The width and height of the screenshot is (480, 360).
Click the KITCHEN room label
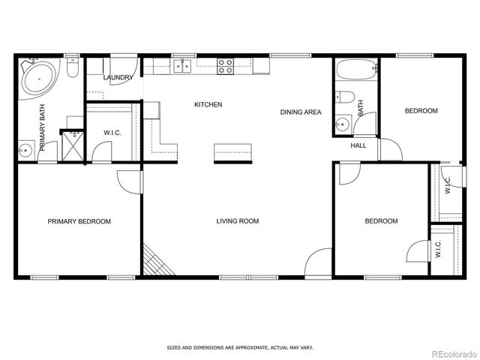[x=208, y=104]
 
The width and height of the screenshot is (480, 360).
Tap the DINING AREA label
[x=301, y=112]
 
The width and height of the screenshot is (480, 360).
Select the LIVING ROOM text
[x=237, y=220]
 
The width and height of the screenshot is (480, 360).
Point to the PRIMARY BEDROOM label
[x=79, y=221]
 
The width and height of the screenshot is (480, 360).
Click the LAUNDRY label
[x=118, y=77]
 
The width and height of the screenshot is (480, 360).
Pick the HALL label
[x=358, y=145]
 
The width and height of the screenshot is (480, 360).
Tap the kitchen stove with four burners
[x=226, y=67]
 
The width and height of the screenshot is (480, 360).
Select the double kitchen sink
[x=182, y=67]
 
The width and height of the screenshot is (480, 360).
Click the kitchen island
[x=231, y=151]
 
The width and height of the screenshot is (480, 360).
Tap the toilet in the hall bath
[x=343, y=97]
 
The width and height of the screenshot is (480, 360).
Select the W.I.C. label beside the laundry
[x=112, y=133]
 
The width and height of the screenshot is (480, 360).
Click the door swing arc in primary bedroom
[x=128, y=181]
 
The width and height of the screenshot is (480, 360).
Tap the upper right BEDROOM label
[x=421, y=111]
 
